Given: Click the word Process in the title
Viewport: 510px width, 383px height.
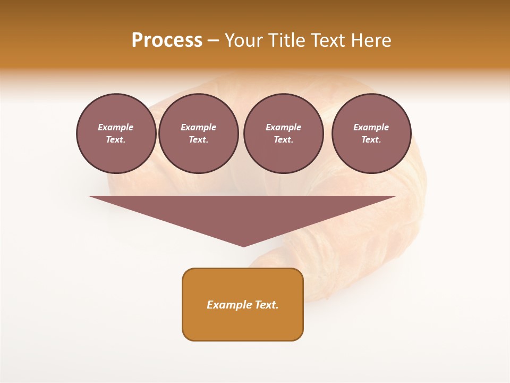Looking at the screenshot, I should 167,40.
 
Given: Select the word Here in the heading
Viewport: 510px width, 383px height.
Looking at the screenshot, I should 372,40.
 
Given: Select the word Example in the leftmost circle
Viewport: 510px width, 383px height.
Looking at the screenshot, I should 116,127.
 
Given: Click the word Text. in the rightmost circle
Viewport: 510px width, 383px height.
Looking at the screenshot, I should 371,139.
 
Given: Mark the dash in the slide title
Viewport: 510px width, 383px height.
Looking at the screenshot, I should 213,41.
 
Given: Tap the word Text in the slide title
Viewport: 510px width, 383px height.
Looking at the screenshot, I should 328,40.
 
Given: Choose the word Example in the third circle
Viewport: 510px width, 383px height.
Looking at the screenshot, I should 283,127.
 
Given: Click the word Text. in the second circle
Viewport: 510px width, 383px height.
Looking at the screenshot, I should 198,139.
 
